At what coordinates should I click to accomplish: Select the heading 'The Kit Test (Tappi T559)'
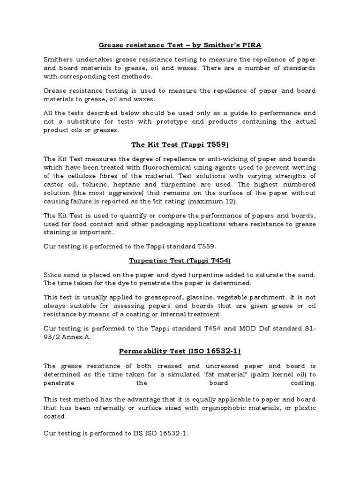point(180,145)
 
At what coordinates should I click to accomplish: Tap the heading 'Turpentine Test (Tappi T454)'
point(180,260)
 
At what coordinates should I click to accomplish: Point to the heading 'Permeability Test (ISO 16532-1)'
point(180,351)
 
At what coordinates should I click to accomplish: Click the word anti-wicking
point(223,158)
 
